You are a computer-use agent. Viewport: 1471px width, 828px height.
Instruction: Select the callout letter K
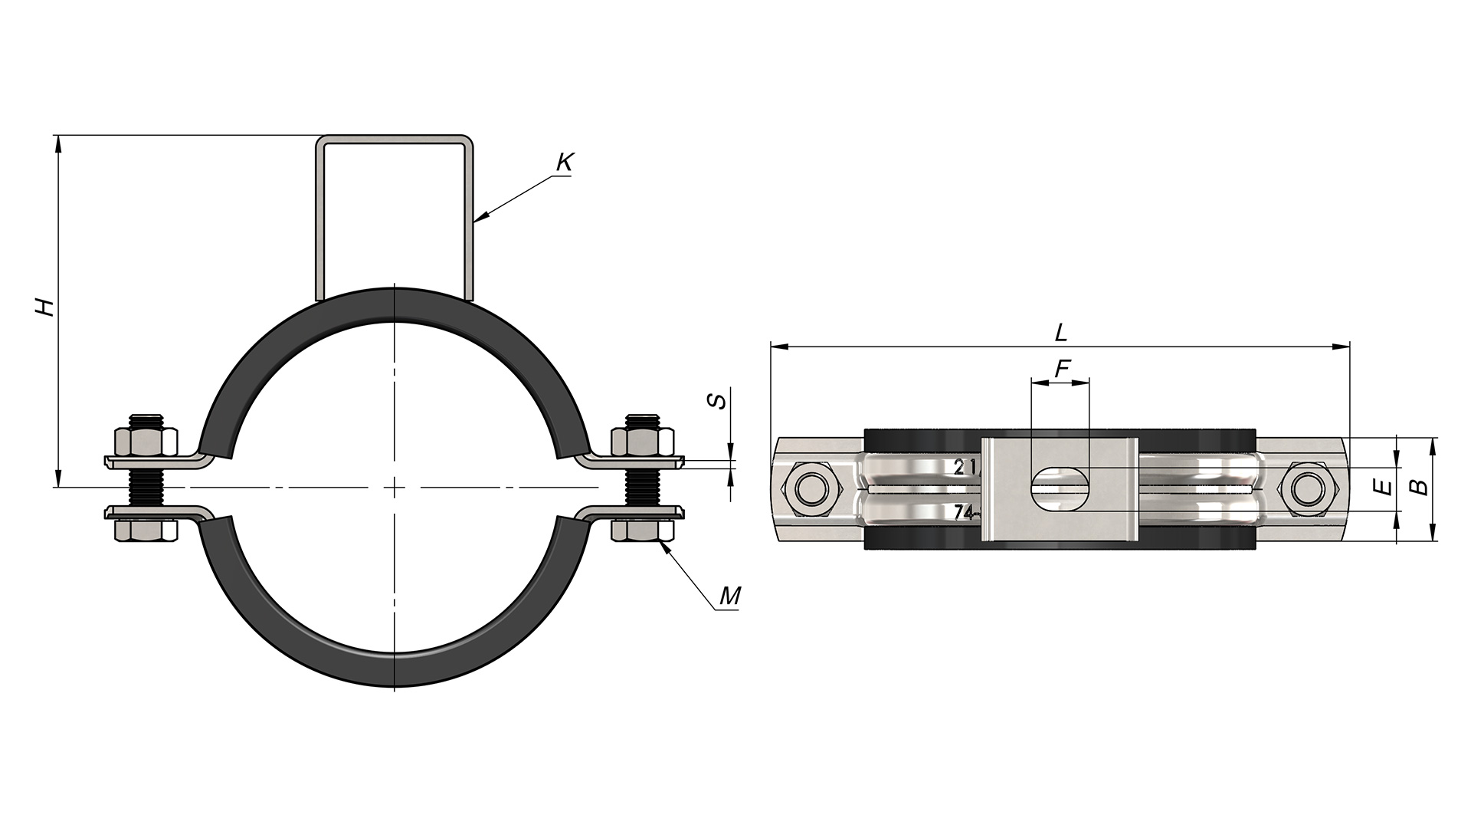pos(565,163)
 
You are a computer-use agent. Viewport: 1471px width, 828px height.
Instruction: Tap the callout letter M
pos(730,596)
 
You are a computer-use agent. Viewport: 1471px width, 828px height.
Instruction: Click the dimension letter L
pos(1061,333)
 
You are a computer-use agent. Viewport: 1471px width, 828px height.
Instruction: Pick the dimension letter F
pos(1062,370)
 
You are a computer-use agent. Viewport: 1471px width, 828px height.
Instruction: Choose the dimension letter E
pos(1381,487)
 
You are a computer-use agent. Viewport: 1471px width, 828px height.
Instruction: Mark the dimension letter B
pos(1420,487)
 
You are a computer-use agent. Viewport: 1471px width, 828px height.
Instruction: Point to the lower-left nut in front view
pos(146,530)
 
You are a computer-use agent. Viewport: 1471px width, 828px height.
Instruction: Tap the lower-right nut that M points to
pos(644,530)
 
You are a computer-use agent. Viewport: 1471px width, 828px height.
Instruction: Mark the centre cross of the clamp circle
pos(394,487)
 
